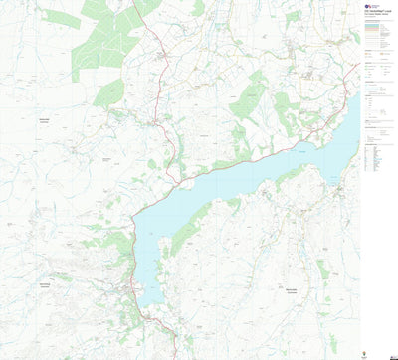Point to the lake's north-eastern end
point(352,104)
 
